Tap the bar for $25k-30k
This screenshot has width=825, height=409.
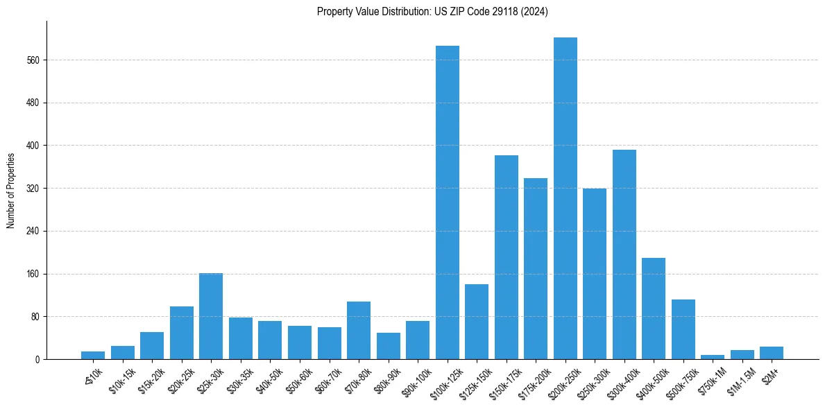(211, 316)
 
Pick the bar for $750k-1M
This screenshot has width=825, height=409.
(713, 357)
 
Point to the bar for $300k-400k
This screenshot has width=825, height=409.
(624, 254)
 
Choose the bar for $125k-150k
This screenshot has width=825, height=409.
(477, 322)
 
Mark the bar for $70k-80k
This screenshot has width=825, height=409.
(359, 330)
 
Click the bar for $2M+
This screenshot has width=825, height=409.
(772, 353)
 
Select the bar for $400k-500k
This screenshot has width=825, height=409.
(654, 308)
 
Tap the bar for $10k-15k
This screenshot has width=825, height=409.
(123, 352)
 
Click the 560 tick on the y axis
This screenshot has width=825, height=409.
(34, 60)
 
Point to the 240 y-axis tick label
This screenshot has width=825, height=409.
(34, 231)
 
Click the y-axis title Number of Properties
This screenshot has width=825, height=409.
(10, 190)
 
